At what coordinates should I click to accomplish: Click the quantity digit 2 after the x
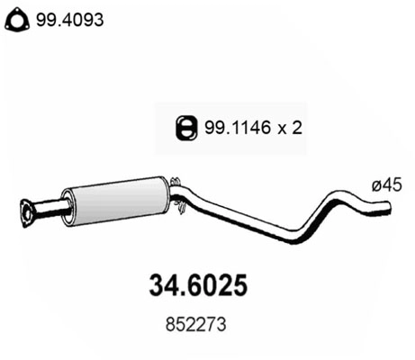[x=295, y=127]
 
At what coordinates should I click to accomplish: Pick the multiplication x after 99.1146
[x=279, y=128]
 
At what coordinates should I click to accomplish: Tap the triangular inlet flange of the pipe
[x=30, y=211]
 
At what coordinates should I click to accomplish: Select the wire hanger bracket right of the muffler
[x=180, y=194]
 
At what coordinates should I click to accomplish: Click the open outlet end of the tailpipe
[x=391, y=210]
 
